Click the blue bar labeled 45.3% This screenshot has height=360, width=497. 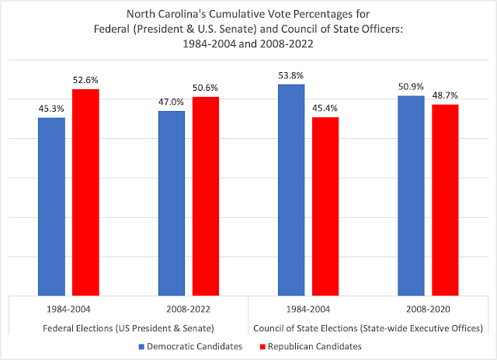[x=52, y=206]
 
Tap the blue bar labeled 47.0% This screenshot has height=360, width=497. [x=172, y=202]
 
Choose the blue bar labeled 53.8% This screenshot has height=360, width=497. [x=291, y=189]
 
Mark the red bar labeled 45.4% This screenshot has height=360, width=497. [x=325, y=206]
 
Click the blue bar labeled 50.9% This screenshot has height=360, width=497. [x=411, y=195]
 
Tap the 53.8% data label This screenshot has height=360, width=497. [x=291, y=75]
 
